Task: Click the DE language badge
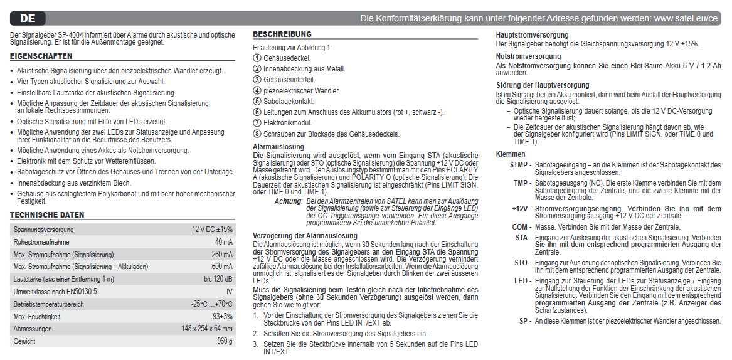pos(28,18)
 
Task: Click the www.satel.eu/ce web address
pos(686,19)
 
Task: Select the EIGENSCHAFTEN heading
pos(41,56)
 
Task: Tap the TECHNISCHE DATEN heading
pos(47,215)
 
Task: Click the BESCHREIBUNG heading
pos(282,34)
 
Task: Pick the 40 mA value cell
pos(223,241)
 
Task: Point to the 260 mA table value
pos(221,254)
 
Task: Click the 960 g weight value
pos(225,341)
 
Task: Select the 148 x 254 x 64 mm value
pos(206,329)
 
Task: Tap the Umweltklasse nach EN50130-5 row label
pos(55,291)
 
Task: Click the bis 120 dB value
pos(218,278)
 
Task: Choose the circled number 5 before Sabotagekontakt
pos(257,101)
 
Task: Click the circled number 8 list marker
pos(257,134)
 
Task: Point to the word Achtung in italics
pos(289,201)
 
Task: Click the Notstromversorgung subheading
pos(528,56)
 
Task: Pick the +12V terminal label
pos(521,208)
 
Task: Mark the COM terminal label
pos(520,226)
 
